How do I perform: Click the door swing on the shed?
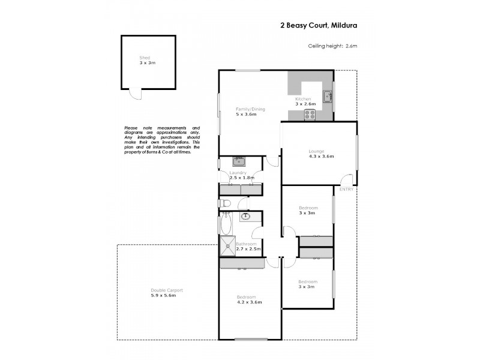136,94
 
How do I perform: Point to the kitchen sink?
327,96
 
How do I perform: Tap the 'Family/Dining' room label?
250,109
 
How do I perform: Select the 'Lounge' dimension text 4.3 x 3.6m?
321,156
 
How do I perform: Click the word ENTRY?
346,190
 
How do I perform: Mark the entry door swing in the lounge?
346,179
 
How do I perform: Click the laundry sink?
239,161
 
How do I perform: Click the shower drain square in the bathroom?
229,245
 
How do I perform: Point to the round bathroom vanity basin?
246,216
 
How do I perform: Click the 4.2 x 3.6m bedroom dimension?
250,302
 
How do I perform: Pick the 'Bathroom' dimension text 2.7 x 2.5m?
248,249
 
